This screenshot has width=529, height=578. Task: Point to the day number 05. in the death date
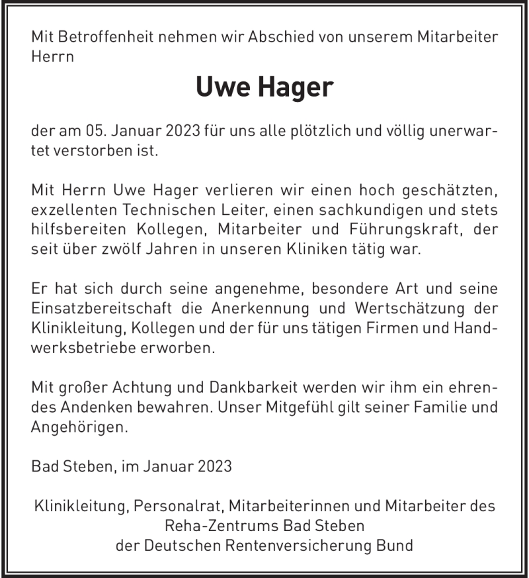point(97,131)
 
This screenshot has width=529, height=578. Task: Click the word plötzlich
point(313,131)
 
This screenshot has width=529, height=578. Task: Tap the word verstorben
point(91,151)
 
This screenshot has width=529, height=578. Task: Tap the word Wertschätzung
point(406,308)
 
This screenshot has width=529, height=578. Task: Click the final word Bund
point(395,546)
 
